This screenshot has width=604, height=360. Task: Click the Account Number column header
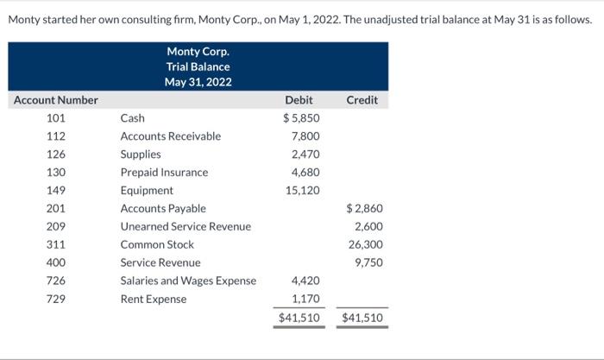56,100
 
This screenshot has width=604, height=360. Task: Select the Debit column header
299,100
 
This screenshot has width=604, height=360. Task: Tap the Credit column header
362,100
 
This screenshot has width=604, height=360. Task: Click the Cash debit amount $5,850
301,118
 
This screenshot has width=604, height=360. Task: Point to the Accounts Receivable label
170,136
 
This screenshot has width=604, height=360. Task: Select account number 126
56,155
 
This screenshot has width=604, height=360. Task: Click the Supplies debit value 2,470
305,155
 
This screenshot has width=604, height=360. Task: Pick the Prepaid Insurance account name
164,173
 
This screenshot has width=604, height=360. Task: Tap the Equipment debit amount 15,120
303,191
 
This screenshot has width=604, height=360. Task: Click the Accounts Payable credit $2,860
364,209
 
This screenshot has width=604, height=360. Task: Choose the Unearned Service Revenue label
186,227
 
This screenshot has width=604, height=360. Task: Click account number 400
56,263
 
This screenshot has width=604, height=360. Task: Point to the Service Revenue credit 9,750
369,263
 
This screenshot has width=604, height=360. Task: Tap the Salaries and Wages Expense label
188,281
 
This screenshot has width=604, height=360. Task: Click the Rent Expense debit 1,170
305,300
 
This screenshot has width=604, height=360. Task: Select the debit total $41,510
299,319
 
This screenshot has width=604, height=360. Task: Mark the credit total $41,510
362,319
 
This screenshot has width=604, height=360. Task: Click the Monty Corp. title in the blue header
198,51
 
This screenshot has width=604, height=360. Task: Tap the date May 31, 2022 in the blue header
198,82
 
